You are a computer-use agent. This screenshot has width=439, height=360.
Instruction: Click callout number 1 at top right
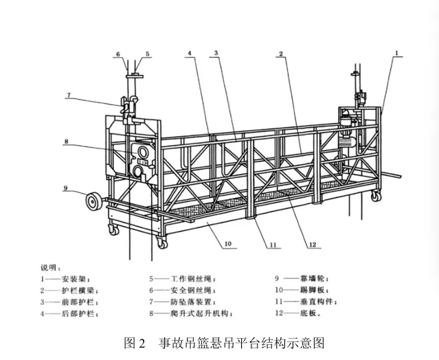coord(397,52)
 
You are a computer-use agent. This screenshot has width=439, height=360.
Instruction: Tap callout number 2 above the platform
coord(282,53)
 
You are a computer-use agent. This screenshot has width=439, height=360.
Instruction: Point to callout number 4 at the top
coord(188,53)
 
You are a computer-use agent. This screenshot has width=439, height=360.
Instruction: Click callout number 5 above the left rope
coord(147,53)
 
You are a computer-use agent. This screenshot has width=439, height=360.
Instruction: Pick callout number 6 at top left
coord(117,53)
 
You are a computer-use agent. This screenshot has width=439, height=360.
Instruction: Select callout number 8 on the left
coord(67,142)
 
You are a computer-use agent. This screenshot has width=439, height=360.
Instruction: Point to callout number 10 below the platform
coord(227,243)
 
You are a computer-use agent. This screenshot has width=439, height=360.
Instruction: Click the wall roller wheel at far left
coord(91,202)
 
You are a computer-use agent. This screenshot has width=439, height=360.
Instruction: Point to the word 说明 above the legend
coord(49,267)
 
